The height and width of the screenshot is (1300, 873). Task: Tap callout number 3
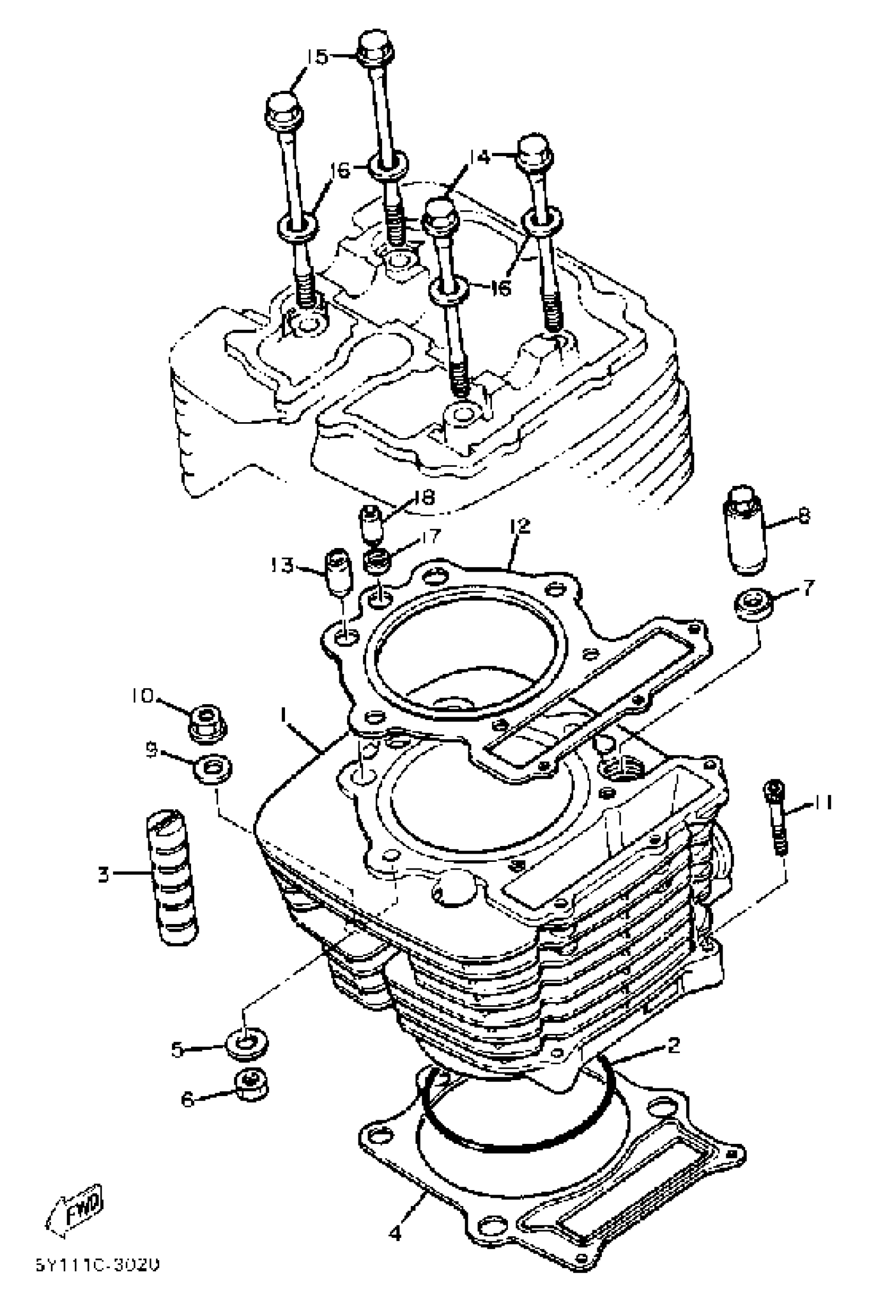pyautogui.click(x=104, y=874)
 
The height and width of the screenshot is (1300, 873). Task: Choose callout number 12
pyautogui.click(x=522, y=525)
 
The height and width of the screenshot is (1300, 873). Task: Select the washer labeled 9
pyautogui.click(x=212, y=769)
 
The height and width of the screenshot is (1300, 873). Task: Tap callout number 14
pyautogui.click(x=479, y=157)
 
